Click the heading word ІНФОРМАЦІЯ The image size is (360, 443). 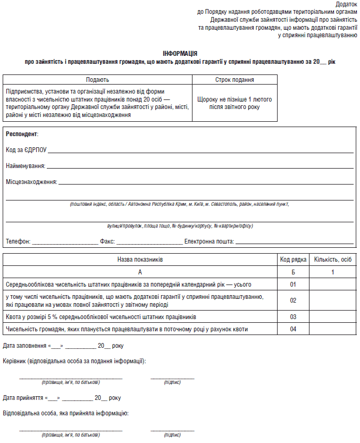point(180,54)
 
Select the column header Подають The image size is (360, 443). point(97,79)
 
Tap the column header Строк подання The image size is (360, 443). point(235,79)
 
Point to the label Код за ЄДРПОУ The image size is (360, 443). point(26,151)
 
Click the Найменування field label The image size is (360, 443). point(25,166)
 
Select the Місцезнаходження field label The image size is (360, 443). point(31,182)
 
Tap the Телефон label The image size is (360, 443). point(18,241)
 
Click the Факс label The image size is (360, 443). point(107,241)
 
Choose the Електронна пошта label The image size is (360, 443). point(209,241)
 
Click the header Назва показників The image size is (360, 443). point(140,260)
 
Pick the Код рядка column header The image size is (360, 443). point(293,260)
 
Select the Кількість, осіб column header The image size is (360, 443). point(333,260)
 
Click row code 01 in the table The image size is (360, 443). point(293,285)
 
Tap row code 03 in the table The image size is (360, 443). point(293,317)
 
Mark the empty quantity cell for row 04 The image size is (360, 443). point(333,329)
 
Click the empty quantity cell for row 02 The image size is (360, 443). point(333,300)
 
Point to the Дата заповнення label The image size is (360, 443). point(24,346)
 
